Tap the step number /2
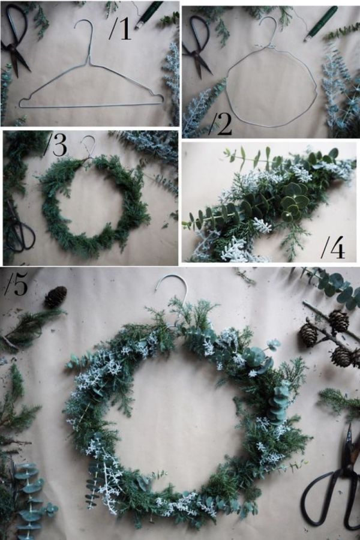(x=220, y=123)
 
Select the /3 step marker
(x=56, y=145)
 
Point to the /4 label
(x=333, y=247)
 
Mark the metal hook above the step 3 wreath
(x=90, y=145)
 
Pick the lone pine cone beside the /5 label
(x=55, y=297)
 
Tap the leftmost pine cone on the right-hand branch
(x=308, y=334)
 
